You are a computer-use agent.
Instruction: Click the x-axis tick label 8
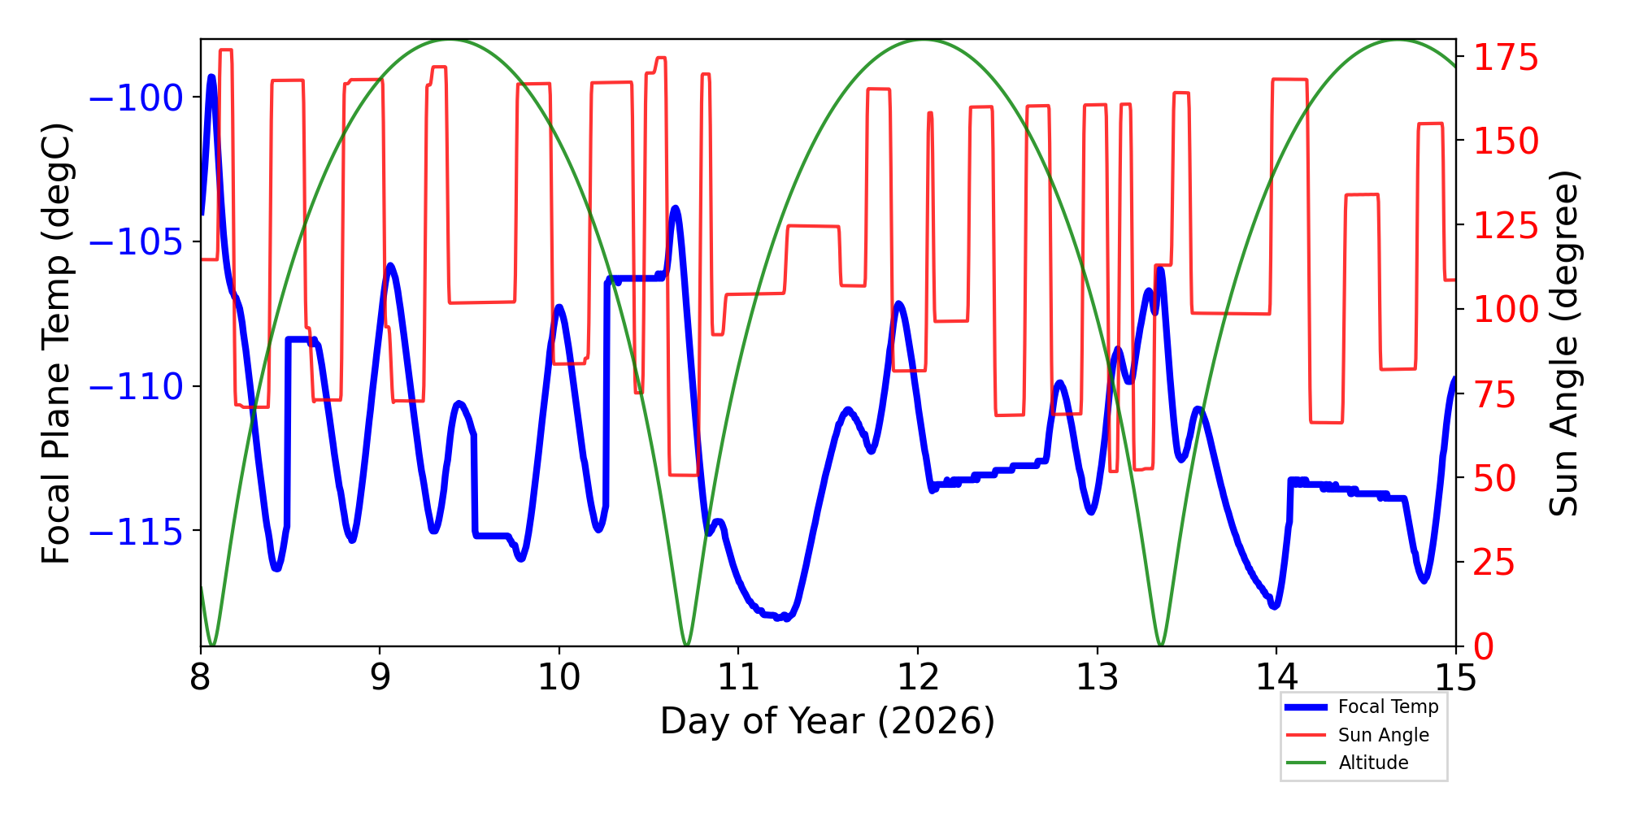point(200,676)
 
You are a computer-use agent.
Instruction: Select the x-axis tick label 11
point(738,676)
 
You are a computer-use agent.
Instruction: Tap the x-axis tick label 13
point(1097,676)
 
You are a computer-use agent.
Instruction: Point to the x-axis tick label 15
point(1455,676)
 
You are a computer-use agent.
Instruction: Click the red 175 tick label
point(1506,59)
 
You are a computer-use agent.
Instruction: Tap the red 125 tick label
point(1506,226)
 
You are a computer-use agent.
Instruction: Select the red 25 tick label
point(1496,563)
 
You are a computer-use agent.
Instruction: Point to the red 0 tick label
point(1484,647)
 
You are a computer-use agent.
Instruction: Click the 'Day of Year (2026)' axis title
point(827,722)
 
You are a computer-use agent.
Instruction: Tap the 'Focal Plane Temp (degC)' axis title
point(57,343)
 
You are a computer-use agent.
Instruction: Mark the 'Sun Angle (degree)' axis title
point(1563,343)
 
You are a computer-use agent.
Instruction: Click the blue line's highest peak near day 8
point(211,77)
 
